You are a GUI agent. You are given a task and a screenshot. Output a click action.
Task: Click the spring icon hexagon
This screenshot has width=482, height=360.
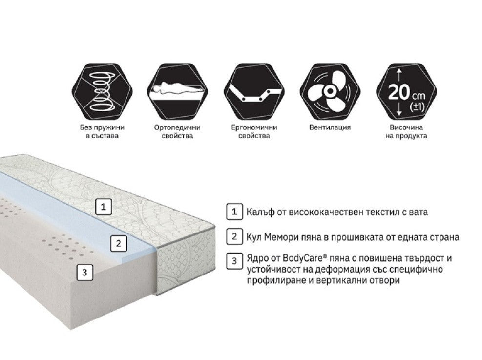pyautogui.click(x=103, y=92)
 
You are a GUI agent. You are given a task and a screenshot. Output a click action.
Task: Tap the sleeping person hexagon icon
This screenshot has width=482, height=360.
pyautogui.click(x=177, y=92)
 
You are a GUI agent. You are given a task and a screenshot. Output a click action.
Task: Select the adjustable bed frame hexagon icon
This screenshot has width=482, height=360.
pyautogui.click(x=254, y=92)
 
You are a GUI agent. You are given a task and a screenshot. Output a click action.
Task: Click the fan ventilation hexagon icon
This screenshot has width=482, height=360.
pyautogui.click(x=330, y=92)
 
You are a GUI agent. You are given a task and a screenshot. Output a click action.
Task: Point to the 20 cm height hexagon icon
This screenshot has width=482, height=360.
pyautogui.click(x=406, y=92)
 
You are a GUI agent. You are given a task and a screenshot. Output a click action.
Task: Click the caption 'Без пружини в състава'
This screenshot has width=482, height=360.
pyautogui.click(x=102, y=131)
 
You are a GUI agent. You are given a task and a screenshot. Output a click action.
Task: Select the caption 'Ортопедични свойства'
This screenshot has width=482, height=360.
pyautogui.click(x=177, y=131)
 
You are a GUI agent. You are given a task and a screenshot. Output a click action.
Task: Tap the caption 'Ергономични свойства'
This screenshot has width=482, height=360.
pyautogui.click(x=254, y=131)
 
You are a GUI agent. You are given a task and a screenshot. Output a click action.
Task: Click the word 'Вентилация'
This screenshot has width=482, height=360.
pyautogui.click(x=330, y=127)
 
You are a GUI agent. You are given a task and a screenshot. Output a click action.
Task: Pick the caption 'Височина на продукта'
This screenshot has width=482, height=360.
pyautogui.click(x=406, y=131)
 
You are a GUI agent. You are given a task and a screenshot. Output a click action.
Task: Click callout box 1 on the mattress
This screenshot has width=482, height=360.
pyautogui.click(x=104, y=207)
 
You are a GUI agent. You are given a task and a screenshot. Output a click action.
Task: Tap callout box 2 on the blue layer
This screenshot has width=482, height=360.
pyautogui.click(x=119, y=243)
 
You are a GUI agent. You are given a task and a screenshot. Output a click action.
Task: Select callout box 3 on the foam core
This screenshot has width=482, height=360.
pyautogui.click(x=84, y=273)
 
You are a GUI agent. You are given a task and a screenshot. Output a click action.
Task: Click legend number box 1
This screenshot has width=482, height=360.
pyautogui.click(x=234, y=212)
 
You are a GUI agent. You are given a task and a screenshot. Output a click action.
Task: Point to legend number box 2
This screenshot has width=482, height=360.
pyautogui.click(x=234, y=236)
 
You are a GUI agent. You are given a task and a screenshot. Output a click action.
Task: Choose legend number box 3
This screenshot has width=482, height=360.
pyautogui.click(x=234, y=261)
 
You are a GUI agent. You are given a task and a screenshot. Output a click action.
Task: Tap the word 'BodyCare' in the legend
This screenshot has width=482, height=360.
pyautogui.click(x=303, y=258)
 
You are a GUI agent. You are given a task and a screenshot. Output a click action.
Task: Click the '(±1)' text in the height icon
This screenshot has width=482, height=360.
pyautogui.click(x=418, y=107)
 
